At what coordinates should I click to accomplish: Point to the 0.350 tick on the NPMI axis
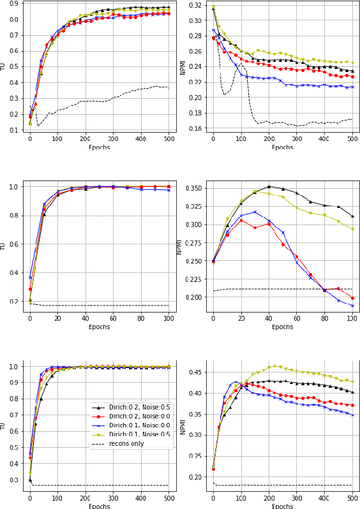[x=193, y=189]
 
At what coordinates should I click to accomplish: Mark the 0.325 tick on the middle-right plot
[x=193, y=207]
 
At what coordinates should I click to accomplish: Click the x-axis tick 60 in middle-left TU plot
[x=113, y=319]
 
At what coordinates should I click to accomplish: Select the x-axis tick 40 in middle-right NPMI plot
[x=269, y=319]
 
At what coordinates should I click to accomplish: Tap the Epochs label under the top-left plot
[x=99, y=147]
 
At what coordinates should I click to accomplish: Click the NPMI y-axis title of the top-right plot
[x=183, y=67]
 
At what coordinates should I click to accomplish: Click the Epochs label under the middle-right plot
[x=283, y=327]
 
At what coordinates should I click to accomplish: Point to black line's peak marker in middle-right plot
[x=269, y=187]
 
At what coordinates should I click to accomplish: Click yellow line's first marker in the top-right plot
[x=213, y=6]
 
